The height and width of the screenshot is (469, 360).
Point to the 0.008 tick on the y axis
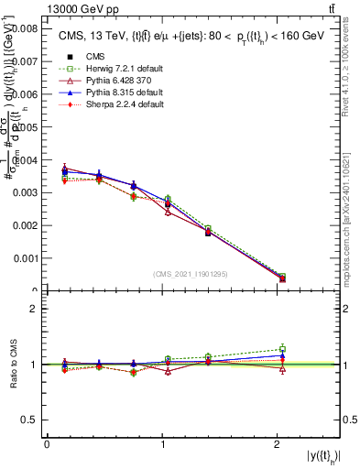[23, 28]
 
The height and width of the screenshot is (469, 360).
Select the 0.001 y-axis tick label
[23, 258]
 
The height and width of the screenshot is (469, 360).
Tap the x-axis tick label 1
[162, 443]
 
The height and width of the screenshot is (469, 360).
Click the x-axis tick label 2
[277, 443]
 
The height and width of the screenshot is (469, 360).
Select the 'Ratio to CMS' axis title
[14, 365]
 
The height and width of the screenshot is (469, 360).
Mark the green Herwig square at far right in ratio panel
[282, 348]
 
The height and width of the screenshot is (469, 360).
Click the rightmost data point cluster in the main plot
[282, 278]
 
